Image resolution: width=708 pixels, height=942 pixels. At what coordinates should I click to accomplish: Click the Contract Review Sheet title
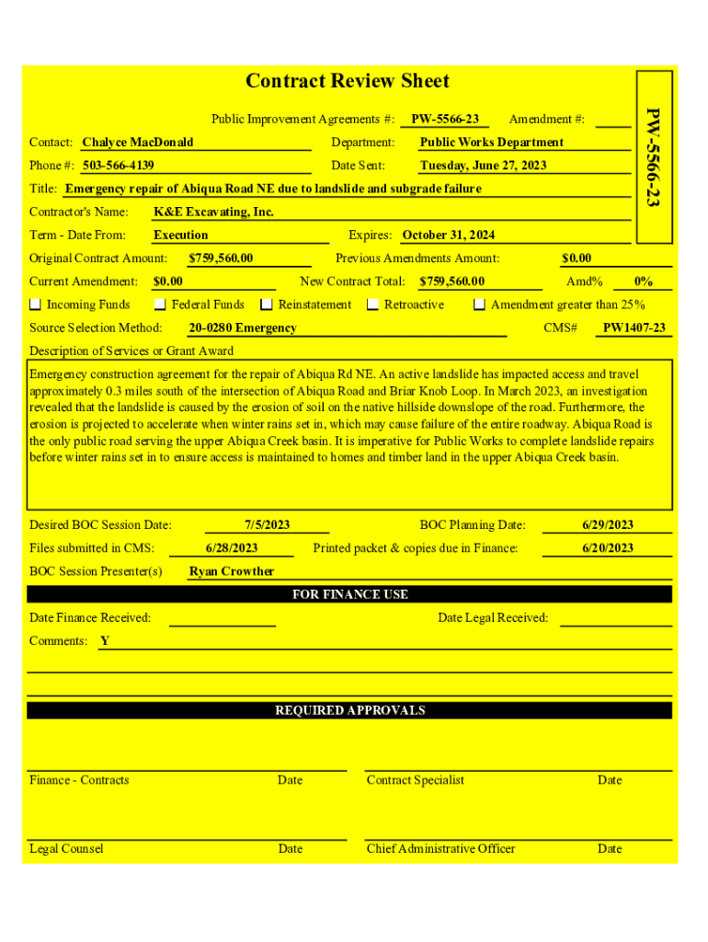click(x=348, y=81)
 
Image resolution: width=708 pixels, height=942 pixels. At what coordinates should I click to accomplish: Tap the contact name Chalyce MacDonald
click(x=137, y=143)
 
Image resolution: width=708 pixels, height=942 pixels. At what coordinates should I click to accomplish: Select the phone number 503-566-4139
click(x=118, y=166)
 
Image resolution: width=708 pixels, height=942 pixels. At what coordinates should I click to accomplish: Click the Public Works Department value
click(x=491, y=143)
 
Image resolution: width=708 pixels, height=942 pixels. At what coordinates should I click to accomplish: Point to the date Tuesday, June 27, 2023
click(x=483, y=166)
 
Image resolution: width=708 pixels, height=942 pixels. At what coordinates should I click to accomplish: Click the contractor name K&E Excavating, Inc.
click(x=213, y=213)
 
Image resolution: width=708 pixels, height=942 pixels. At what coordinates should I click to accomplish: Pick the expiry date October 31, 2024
click(x=448, y=235)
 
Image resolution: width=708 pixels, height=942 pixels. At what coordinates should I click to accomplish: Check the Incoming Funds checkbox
click(x=36, y=304)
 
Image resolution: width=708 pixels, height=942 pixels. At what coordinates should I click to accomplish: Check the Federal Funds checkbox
click(x=160, y=304)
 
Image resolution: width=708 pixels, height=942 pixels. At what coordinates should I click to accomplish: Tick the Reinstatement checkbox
click(x=267, y=304)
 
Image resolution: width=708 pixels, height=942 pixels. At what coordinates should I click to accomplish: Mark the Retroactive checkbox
click(x=373, y=304)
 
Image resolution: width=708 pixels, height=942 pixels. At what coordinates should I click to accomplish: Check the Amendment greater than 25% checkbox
click(x=479, y=304)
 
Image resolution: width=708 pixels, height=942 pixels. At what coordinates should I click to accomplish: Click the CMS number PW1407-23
click(x=634, y=328)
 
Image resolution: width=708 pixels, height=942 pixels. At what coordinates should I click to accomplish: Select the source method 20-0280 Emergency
click(x=243, y=328)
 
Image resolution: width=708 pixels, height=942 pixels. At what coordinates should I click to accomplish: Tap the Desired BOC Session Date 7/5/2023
click(x=267, y=525)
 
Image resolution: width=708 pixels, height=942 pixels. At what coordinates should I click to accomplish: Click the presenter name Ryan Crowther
click(x=231, y=571)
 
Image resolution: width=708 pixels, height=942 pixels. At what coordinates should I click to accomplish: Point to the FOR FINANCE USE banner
click(x=349, y=594)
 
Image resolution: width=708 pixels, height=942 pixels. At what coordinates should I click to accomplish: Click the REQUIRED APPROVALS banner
click(x=349, y=710)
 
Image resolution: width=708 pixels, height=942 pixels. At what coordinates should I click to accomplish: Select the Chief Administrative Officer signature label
click(x=440, y=849)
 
